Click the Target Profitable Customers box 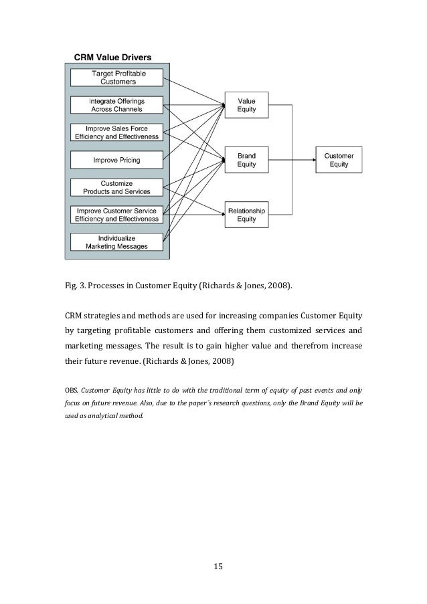(x=117, y=77)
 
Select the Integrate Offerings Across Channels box (x=117, y=104)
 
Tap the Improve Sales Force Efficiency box (x=117, y=132)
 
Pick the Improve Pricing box (x=117, y=160)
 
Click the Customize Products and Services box (x=117, y=187)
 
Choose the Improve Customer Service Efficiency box (x=117, y=215)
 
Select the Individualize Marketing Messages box (x=117, y=242)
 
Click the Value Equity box (x=246, y=105)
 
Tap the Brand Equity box (x=246, y=160)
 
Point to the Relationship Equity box (x=246, y=215)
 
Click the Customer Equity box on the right (x=339, y=160)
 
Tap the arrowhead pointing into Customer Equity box (x=313, y=160)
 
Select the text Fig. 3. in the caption (x=73, y=287)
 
